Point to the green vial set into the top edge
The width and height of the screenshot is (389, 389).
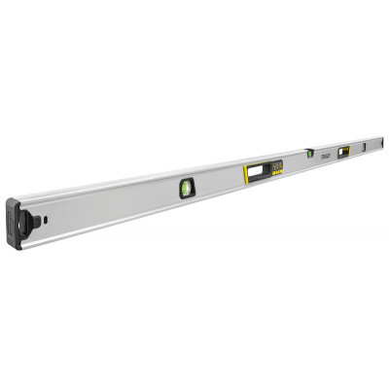tap(310, 153)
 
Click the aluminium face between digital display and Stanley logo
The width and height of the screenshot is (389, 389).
tap(303, 160)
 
